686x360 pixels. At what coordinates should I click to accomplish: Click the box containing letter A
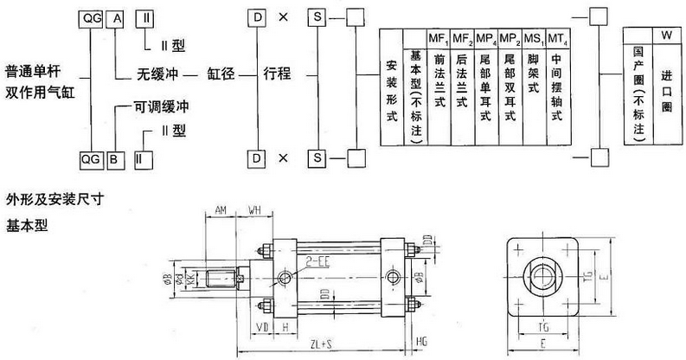pos(116,18)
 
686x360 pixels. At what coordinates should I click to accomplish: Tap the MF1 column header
pos(439,38)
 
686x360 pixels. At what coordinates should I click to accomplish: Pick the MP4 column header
pos(487,38)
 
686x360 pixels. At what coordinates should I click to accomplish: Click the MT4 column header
pos(557,38)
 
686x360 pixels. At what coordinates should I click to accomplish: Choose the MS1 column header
pos(534,38)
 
